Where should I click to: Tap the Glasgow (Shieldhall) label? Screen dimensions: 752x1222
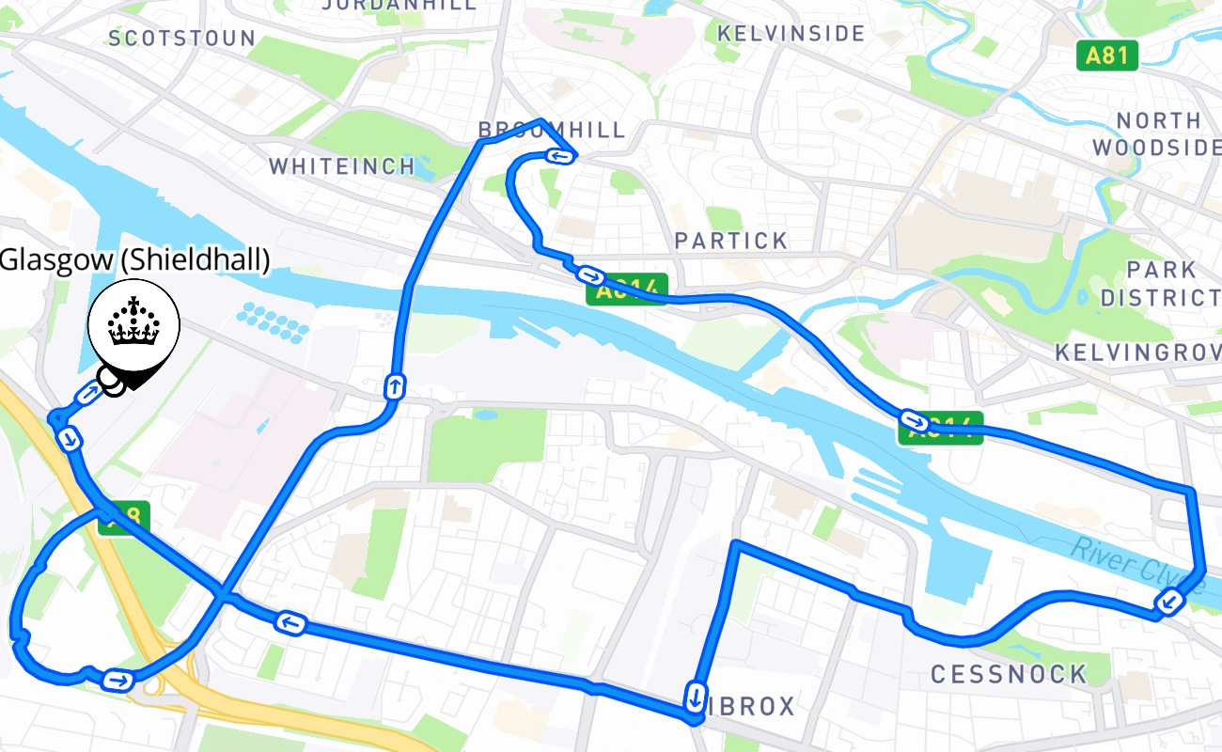pos(135,260)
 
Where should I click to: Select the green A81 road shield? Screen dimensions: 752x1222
pos(1106,55)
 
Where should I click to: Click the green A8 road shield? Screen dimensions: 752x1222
pos(124,517)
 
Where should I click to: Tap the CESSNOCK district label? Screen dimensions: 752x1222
pos(1008,674)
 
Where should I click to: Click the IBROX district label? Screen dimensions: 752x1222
pos(751,707)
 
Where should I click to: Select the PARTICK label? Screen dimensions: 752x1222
pos(731,241)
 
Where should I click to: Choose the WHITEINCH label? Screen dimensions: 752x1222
pos(342,166)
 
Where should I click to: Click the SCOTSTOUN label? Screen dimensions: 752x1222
pos(181,39)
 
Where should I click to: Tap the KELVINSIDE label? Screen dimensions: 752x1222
pos(791,34)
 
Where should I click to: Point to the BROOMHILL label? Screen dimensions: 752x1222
pos(552,130)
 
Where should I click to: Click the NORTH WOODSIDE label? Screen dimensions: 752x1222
pos(1166,134)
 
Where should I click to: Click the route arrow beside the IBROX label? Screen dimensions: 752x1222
pos(695,697)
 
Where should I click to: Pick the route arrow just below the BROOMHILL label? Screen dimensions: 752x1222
pos(561,156)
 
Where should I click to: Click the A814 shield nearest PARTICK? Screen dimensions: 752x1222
pos(627,289)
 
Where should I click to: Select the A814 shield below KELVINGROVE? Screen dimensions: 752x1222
pos(941,428)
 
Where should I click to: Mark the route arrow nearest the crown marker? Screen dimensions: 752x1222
pos(87,394)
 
